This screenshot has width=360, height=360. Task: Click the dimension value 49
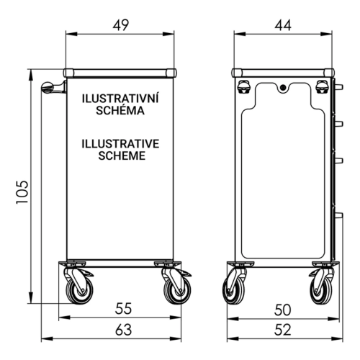tap(121, 25)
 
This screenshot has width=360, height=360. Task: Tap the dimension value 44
tap(283, 25)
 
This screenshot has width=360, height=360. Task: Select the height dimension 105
tap(22, 192)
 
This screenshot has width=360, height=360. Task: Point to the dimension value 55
tap(123, 309)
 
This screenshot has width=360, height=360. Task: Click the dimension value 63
tap(124, 330)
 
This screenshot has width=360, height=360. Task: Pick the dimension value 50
tap(283, 310)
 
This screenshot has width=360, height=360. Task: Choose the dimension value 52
tap(283, 330)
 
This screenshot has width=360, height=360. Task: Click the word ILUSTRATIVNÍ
tap(120, 98)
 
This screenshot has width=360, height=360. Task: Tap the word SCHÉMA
tap(120, 110)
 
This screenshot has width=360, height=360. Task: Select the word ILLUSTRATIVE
tap(120, 144)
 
